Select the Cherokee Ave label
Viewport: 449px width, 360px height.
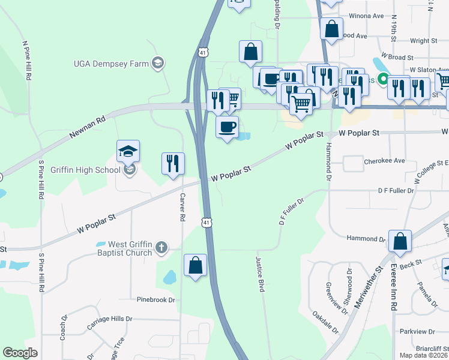(x=384, y=161)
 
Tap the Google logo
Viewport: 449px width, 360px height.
(x=20, y=353)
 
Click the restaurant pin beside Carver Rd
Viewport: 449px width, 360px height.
(x=173, y=164)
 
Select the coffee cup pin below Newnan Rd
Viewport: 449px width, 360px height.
(x=227, y=127)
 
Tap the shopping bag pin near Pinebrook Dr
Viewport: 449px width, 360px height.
(x=195, y=265)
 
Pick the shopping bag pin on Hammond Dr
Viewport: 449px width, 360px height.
(x=400, y=242)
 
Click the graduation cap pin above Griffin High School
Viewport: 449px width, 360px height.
(x=128, y=151)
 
